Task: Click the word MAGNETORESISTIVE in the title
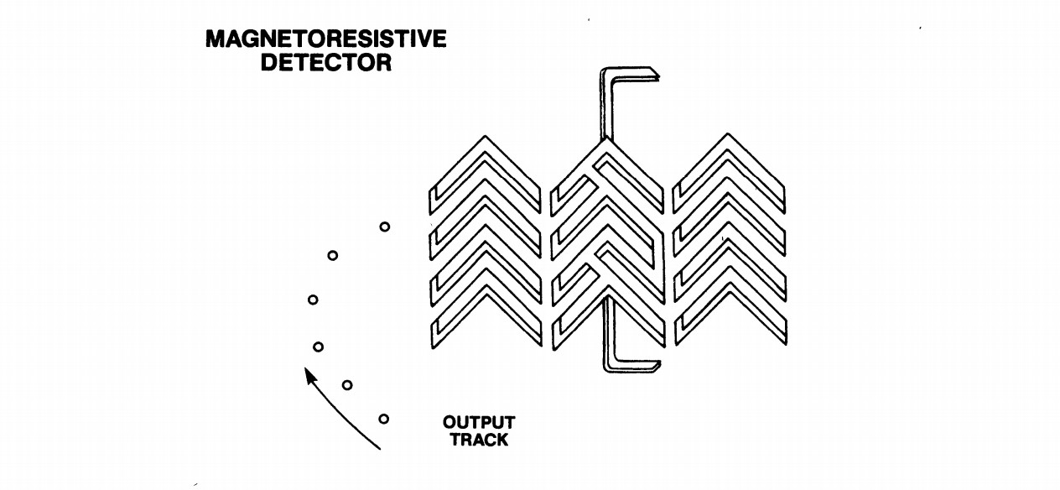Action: point(325,40)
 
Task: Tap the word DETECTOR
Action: point(325,63)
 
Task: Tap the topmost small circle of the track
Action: point(384,227)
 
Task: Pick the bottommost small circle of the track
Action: point(383,419)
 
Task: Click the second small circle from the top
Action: point(333,255)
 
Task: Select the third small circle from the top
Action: point(313,300)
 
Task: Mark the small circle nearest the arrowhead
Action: point(318,346)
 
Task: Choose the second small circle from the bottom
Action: point(347,385)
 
